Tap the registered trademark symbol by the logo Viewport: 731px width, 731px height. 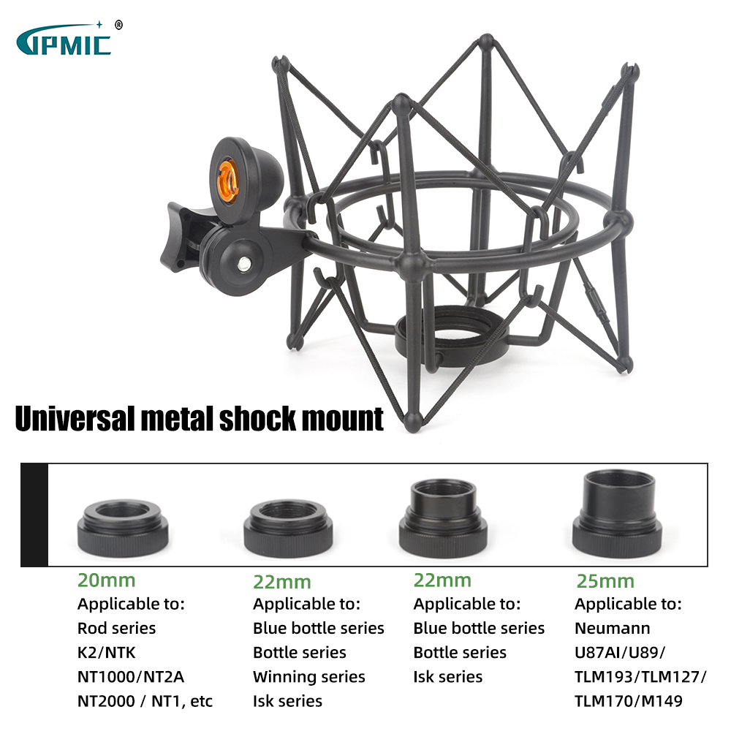point(119,25)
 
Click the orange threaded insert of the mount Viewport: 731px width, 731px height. point(228,181)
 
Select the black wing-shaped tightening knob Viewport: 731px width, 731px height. point(184,237)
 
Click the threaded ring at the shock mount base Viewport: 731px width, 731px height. point(451,336)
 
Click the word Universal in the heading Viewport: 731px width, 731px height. point(75,418)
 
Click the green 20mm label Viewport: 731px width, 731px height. point(106,580)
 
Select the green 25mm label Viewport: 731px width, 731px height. point(605,581)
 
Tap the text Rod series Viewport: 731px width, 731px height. point(116,628)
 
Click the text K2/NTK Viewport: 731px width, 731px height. point(106,652)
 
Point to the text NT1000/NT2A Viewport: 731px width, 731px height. point(131,676)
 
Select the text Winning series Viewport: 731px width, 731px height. point(308,676)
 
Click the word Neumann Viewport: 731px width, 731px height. point(612,628)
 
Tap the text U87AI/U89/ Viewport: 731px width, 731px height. point(620,652)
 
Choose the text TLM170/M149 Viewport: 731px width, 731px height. point(629,701)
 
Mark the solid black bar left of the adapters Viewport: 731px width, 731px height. point(34,515)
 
